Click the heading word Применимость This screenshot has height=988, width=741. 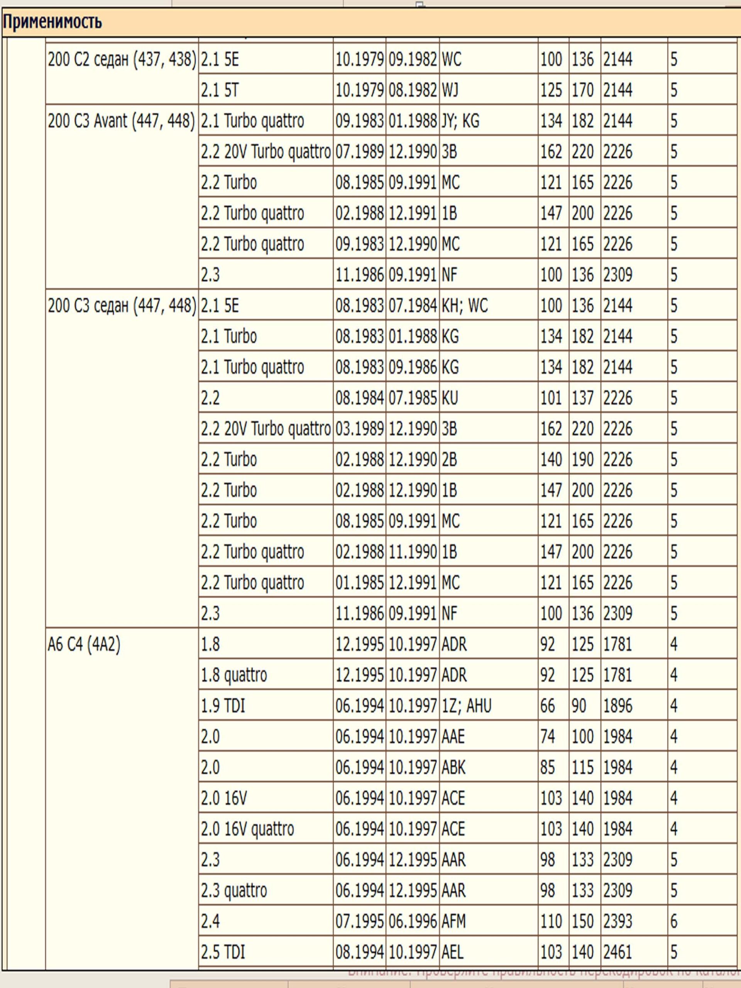tap(52, 22)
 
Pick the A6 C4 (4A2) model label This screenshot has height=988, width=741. tap(84, 644)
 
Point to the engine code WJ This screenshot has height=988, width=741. tap(451, 90)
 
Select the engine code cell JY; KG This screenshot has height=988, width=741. tap(460, 121)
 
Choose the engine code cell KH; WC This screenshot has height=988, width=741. tap(465, 306)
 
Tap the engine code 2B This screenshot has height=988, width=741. tap(449, 460)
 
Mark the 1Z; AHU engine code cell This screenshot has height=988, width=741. tap(466, 706)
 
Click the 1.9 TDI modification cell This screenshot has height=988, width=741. tap(223, 706)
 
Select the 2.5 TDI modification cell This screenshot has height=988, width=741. tap(223, 952)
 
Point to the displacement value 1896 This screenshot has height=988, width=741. tap(618, 706)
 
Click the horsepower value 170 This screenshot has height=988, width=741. tap(583, 90)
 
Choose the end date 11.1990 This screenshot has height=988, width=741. tap(412, 552)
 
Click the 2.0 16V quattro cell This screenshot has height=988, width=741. tap(247, 829)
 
